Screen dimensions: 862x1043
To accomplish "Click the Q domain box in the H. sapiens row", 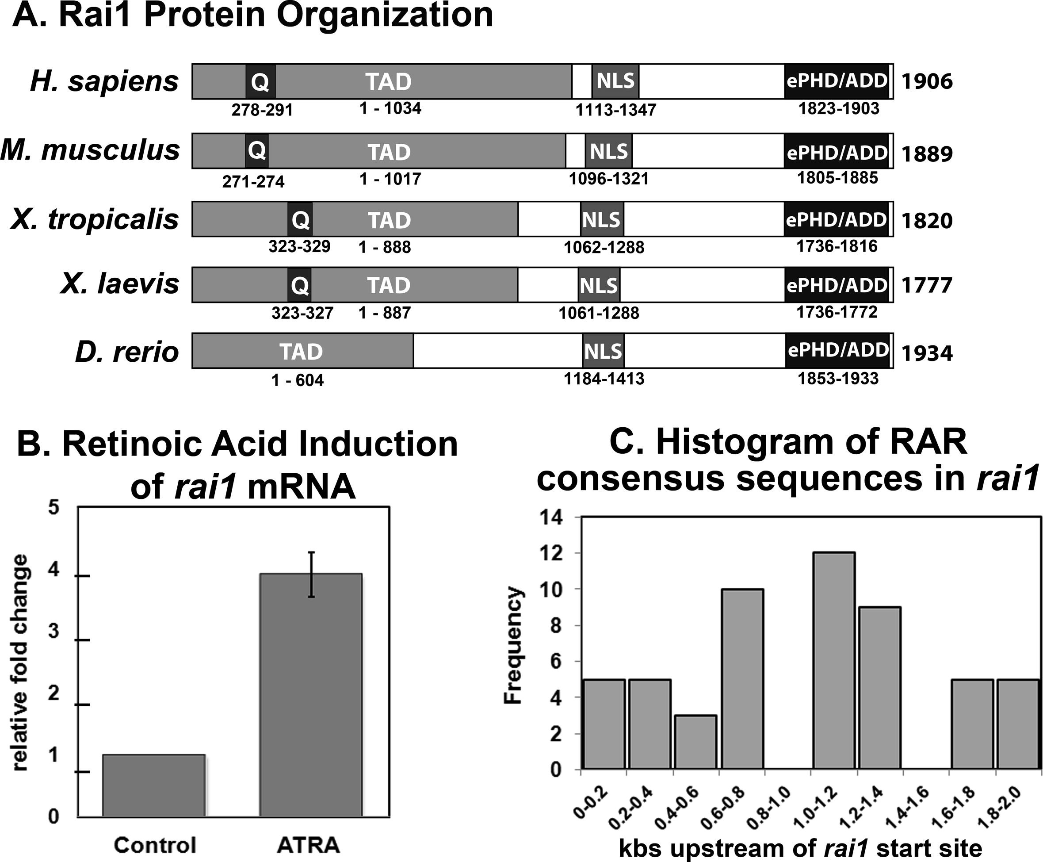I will [260, 81].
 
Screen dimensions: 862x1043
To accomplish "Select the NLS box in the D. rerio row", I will [603, 351].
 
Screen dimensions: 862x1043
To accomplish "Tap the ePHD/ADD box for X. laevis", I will [837, 285].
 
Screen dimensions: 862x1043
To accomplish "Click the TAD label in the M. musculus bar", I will [389, 152].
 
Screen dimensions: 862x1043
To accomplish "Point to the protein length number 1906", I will [927, 81].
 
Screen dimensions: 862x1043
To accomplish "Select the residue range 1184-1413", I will [604, 379].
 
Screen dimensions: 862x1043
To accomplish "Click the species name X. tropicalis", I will [94, 219].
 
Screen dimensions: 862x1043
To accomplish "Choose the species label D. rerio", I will [126, 352].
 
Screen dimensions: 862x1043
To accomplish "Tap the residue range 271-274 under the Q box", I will [253, 182].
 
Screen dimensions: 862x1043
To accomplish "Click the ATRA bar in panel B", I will [311, 695].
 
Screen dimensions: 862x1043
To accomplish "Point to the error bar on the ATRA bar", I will [311, 574].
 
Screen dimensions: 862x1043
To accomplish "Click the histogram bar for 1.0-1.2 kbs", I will [833, 661].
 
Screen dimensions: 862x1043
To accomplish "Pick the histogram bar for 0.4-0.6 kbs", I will [695, 742].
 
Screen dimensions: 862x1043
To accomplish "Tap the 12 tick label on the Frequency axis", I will [552, 553].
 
